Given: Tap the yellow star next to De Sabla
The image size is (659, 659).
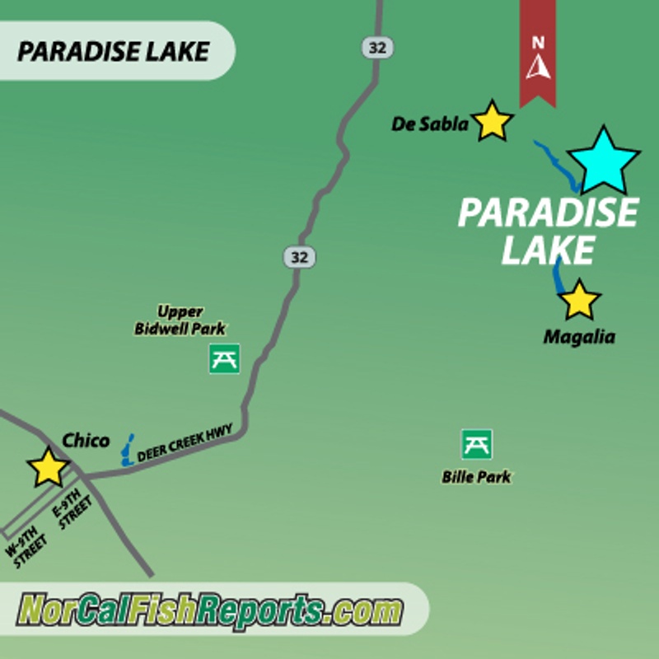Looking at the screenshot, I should (493, 122).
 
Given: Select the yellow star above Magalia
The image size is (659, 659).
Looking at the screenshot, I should (580, 301).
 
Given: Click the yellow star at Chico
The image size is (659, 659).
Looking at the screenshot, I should (49, 468).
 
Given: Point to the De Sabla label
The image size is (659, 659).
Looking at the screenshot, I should (429, 124).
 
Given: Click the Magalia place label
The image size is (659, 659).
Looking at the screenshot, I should (579, 337).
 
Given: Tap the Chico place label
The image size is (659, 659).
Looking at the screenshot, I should (86, 440).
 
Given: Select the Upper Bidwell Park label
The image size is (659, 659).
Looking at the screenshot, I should (180, 320).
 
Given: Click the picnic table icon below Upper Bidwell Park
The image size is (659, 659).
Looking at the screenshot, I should (224, 358).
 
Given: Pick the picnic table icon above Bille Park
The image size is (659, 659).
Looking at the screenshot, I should (477, 444).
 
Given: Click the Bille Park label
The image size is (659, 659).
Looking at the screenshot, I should (476, 477).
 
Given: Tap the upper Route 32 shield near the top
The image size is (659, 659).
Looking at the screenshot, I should (377, 47).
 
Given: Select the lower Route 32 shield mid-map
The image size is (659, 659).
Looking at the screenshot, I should (300, 257).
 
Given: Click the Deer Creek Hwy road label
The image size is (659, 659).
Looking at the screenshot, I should (185, 442).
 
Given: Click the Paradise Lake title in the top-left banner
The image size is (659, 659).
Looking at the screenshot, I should (113, 51).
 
